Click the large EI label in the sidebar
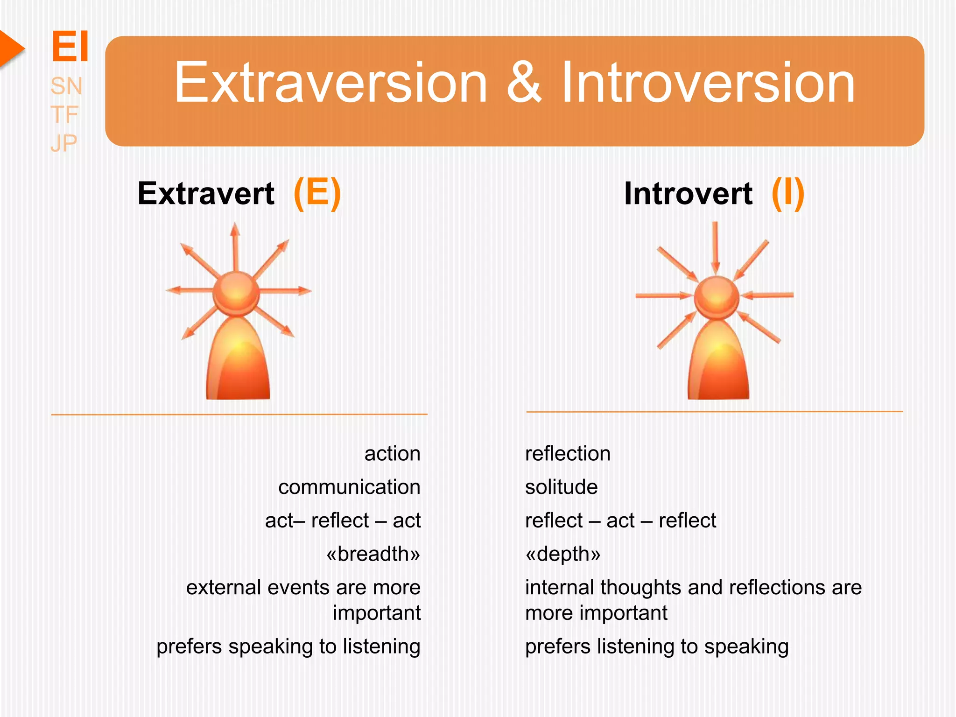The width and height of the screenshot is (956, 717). tap(70, 47)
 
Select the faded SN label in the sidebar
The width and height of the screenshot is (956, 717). tap(66, 86)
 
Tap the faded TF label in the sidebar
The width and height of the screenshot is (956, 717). tap(64, 115)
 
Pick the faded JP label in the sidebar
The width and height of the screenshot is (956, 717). tap(64, 143)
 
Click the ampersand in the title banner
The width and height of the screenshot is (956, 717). tap(524, 83)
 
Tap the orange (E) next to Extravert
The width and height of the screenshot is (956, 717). tap(317, 193)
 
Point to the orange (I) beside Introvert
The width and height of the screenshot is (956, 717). tap(787, 193)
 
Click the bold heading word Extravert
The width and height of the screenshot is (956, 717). tap(206, 194)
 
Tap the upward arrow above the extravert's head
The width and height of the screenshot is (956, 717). tap(235, 245)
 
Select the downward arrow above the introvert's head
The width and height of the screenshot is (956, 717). tap(715, 247)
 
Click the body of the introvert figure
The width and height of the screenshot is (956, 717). tap(718, 364)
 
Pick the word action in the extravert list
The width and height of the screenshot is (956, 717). tap(392, 454)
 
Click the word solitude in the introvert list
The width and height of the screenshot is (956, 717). tap(561, 487)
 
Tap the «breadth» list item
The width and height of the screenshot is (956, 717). tap(373, 554)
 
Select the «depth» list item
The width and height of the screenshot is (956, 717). tap(563, 554)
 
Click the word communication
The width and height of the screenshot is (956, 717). tap(349, 487)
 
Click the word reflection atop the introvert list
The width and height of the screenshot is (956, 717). tap(568, 454)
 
